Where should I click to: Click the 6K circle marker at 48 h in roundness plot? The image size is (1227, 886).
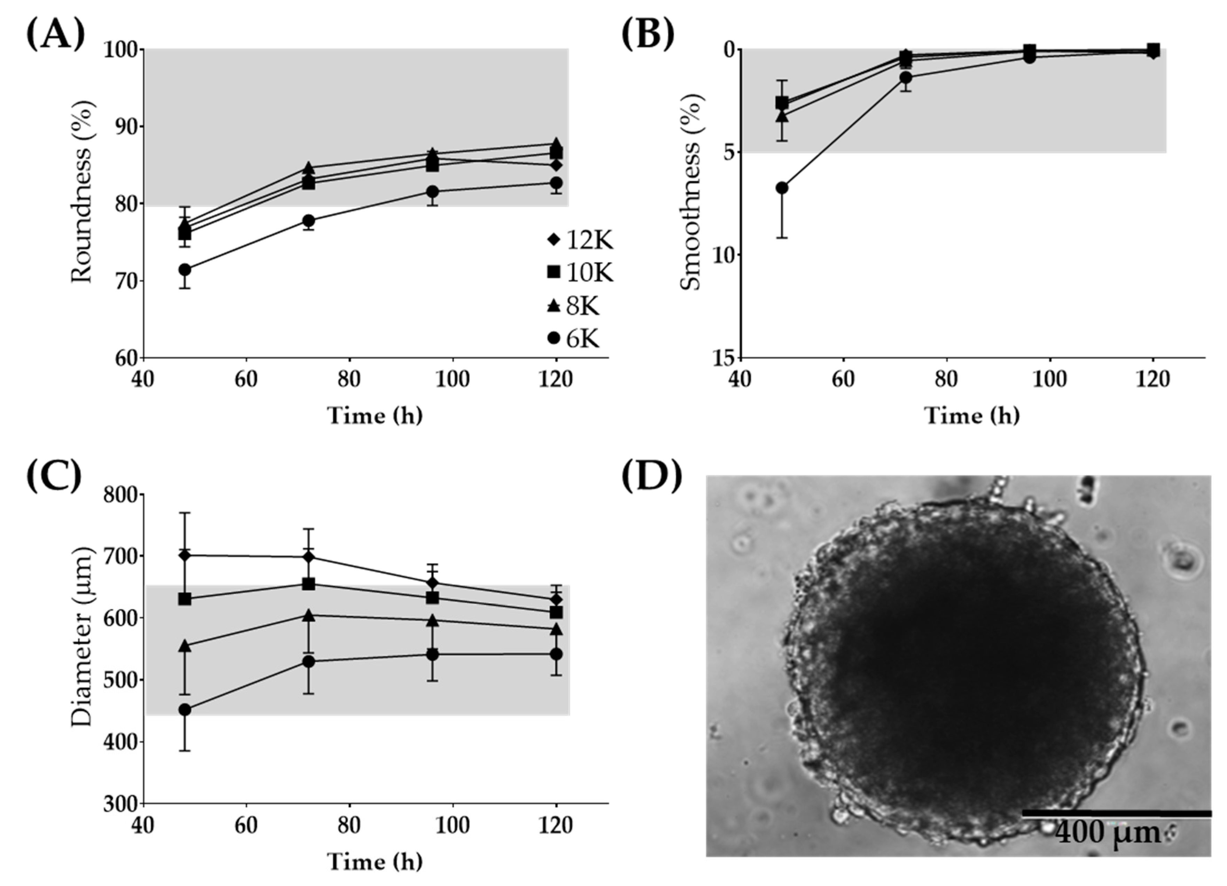(x=185, y=269)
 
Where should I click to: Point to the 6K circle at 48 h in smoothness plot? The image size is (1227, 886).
(x=782, y=188)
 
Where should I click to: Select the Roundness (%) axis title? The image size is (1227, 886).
(x=82, y=192)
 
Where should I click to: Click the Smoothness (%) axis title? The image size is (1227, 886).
(x=689, y=193)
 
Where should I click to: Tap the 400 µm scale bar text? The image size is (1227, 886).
(x=1108, y=848)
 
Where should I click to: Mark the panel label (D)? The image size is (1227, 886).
(x=651, y=478)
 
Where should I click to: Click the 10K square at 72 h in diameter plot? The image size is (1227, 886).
(x=308, y=584)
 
